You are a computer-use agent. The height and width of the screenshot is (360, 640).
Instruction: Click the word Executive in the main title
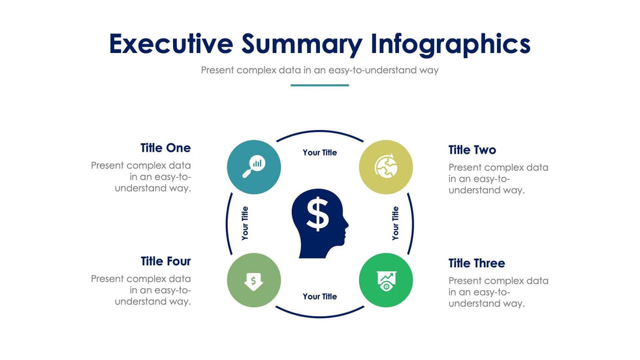tap(171, 44)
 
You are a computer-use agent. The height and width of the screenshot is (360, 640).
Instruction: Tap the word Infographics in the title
tap(451, 44)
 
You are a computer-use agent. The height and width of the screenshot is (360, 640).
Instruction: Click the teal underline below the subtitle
tap(319, 86)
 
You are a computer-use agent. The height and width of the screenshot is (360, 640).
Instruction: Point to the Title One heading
tap(165, 148)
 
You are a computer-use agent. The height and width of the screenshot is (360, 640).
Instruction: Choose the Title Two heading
tap(472, 150)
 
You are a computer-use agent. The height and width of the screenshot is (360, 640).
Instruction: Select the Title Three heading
tap(477, 263)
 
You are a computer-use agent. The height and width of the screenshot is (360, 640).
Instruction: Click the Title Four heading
tap(166, 261)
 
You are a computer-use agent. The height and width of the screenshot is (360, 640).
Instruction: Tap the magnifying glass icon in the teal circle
tap(253, 167)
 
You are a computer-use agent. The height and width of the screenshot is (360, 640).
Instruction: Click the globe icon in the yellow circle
tap(386, 166)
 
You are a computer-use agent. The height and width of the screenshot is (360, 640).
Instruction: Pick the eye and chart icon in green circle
tap(386, 280)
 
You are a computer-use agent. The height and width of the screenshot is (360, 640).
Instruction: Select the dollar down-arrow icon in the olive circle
tap(253, 281)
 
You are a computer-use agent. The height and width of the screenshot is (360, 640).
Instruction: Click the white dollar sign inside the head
tap(317, 214)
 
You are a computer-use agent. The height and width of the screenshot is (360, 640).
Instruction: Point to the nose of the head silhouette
tap(347, 224)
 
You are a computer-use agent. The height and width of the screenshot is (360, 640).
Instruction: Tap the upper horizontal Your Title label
tap(319, 152)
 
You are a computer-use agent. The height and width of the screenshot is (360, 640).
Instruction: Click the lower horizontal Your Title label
tap(319, 297)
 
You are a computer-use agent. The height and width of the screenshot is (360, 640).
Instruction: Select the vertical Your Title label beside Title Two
tap(395, 223)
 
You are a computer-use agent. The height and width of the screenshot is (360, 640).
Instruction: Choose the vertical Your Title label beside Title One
tap(244, 223)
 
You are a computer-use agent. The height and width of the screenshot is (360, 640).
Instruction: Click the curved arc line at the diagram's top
tap(319, 131)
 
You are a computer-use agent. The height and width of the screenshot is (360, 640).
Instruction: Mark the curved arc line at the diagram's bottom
tap(319, 317)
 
